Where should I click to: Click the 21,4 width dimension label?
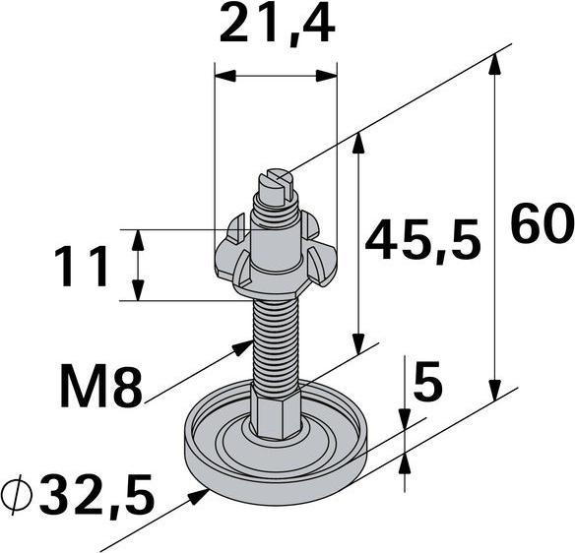tap(276, 27)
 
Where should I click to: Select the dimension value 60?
tap(542, 227)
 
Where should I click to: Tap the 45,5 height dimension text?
tap(422, 241)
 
